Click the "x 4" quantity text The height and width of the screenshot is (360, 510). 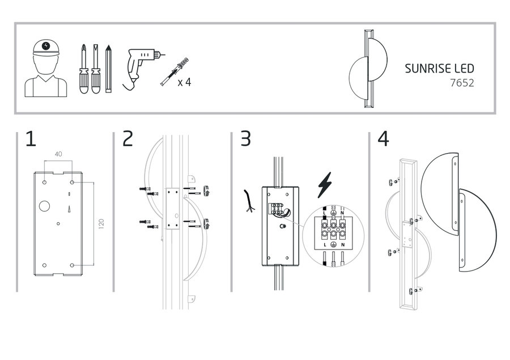pyautogui.click(x=184, y=82)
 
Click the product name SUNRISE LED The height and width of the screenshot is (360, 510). pyautogui.click(x=439, y=69)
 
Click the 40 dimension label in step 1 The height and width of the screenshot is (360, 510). pyautogui.click(x=58, y=154)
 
